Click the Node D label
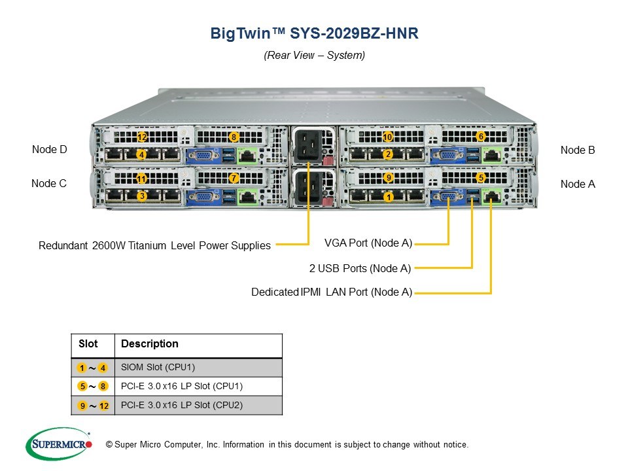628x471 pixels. (49, 149)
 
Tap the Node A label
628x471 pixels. (578, 184)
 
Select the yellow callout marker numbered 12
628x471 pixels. (142, 137)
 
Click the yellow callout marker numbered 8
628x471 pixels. (234, 137)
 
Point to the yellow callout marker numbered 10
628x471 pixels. (387, 137)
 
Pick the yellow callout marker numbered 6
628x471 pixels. (481, 137)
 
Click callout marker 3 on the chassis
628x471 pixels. (142, 196)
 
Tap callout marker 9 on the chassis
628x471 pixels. (388, 177)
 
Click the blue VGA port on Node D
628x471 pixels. (203, 156)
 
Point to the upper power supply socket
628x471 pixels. (307, 145)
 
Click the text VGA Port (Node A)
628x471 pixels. (368, 243)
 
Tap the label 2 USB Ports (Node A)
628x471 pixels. (360, 268)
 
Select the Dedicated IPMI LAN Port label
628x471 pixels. (332, 292)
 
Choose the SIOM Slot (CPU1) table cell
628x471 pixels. (198, 367)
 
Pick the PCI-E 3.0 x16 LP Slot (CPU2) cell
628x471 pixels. (198, 406)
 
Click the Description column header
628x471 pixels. (149, 343)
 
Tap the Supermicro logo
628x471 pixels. (59, 444)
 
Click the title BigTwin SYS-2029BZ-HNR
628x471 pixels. (315, 33)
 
